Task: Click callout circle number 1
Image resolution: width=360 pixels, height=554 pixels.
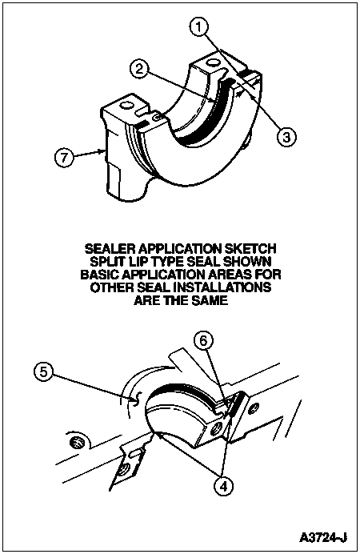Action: point(200,27)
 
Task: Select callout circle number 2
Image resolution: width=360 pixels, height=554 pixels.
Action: point(140,69)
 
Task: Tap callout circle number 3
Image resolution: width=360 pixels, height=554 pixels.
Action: point(286,135)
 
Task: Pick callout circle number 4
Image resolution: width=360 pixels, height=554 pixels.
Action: point(223,486)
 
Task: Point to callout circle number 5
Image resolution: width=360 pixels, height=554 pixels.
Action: point(43,372)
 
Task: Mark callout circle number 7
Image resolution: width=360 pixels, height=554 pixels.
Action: point(64,157)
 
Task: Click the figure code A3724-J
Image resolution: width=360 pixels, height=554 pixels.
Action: point(323,537)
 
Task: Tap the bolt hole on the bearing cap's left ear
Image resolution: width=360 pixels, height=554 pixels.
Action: point(126,105)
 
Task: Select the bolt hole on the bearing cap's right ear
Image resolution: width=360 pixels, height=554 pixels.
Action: point(212,63)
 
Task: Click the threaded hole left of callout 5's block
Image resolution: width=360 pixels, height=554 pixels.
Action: point(76,443)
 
